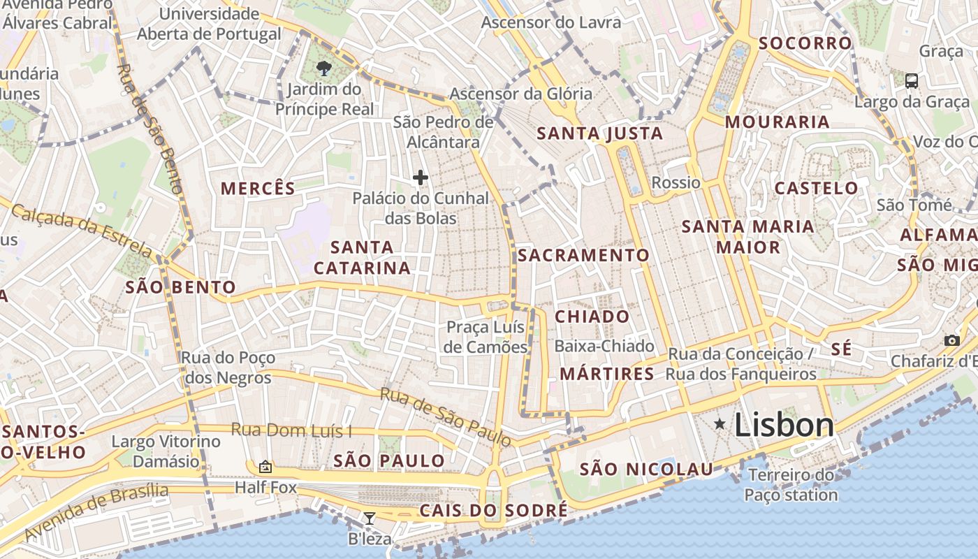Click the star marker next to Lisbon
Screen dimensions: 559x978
click(720, 424)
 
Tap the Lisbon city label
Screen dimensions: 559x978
click(784, 425)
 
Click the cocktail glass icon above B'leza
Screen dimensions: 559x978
click(370, 518)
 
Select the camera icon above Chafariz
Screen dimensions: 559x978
click(951, 340)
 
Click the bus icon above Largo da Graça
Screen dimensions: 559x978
click(912, 80)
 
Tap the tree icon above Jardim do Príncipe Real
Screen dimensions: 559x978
click(323, 68)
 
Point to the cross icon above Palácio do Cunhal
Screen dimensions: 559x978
click(420, 177)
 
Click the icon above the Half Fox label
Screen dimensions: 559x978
click(265, 467)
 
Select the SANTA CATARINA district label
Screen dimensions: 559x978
click(362, 257)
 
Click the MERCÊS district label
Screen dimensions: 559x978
click(258, 188)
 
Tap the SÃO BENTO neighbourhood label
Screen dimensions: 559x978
click(180, 287)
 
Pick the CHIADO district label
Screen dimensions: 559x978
click(592, 317)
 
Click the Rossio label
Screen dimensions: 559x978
click(676, 182)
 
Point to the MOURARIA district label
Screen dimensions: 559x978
click(777, 122)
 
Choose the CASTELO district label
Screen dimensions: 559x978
click(816, 188)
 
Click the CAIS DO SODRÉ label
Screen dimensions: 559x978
click(493, 511)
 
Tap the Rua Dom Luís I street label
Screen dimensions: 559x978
click(291, 430)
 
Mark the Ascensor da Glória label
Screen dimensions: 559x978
click(520, 94)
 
